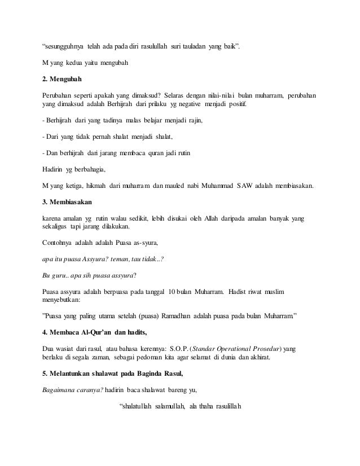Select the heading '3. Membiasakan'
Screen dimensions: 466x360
[x=67, y=201]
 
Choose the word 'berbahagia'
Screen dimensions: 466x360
[x=86, y=168]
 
